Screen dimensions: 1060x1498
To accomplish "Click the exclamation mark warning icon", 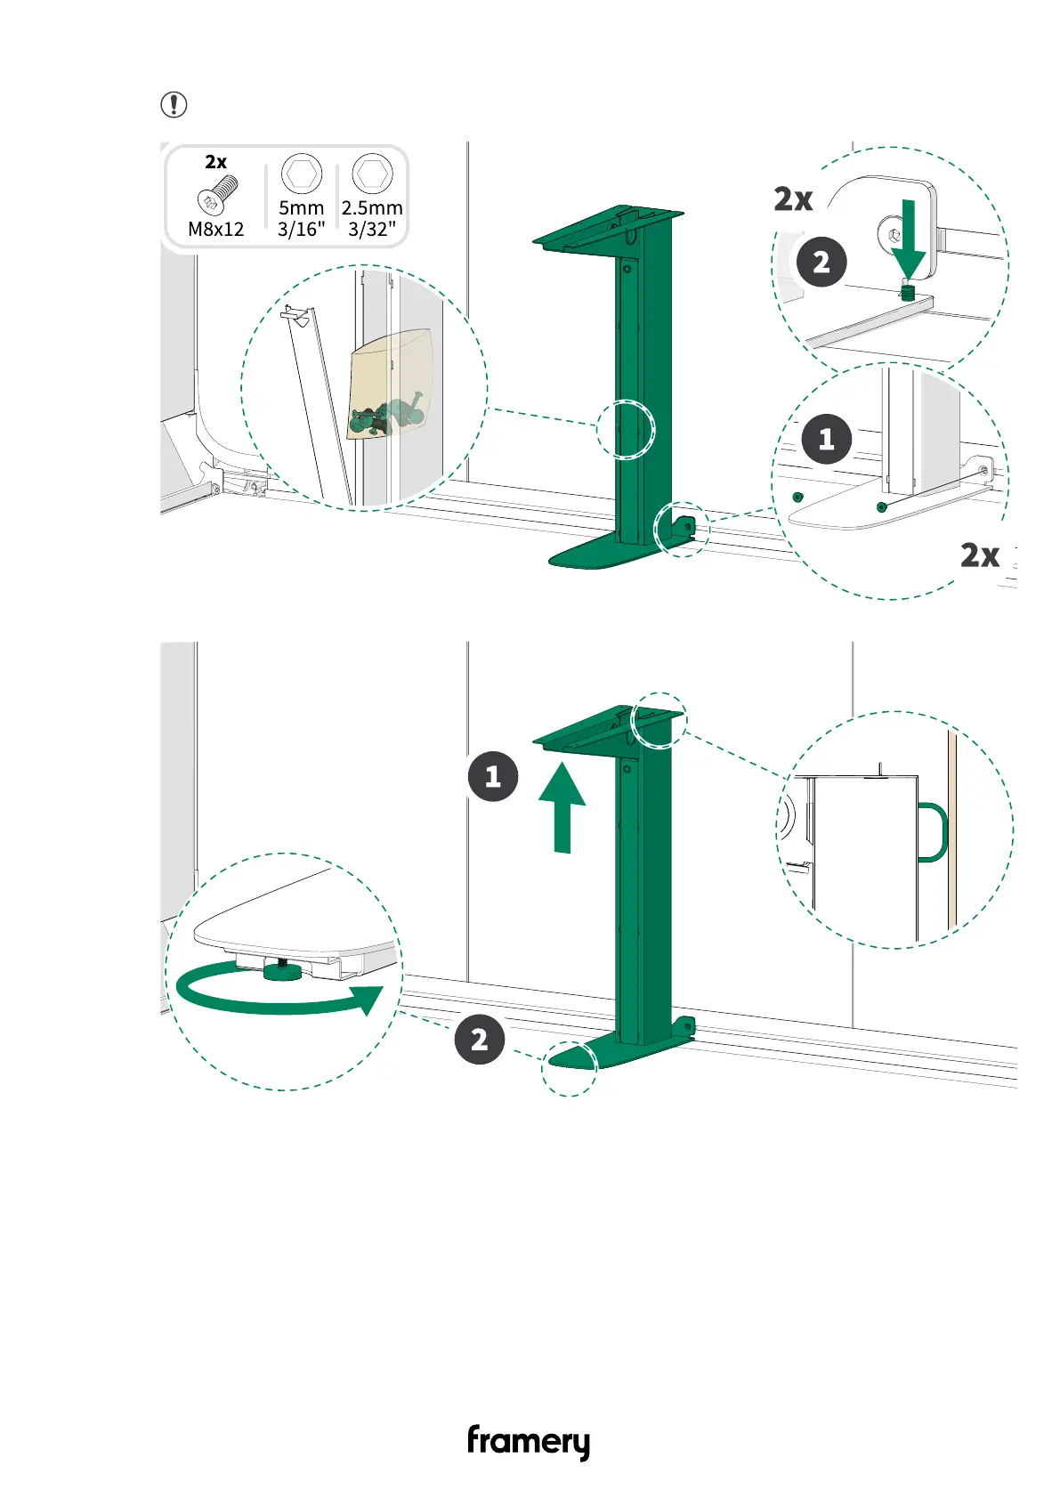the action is [x=174, y=105].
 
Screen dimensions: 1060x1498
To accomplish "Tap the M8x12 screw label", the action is [x=215, y=229].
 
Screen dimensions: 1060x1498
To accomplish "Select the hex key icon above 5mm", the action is [x=301, y=173].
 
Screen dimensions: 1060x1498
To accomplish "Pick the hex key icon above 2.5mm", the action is [x=372, y=173].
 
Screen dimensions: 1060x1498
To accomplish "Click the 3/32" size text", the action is [x=372, y=229].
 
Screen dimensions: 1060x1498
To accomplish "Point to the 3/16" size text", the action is [x=301, y=229].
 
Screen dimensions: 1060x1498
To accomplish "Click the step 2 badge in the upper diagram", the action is [x=821, y=262].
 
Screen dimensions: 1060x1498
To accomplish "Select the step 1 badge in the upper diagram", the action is [x=826, y=439].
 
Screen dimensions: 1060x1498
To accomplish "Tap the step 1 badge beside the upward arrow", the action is [x=493, y=776].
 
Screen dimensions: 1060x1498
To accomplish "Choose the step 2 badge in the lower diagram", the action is [x=480, y=1039].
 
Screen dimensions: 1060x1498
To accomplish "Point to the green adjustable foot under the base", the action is [x=282, y=971].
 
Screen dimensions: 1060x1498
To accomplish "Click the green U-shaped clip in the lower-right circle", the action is [x=933, y=832].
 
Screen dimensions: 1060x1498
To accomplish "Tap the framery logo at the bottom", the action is [x=529, y=1441].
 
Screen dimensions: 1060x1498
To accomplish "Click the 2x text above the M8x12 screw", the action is [x=215, y=162].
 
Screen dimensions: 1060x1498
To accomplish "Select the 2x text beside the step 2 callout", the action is [x=792, y=199].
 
